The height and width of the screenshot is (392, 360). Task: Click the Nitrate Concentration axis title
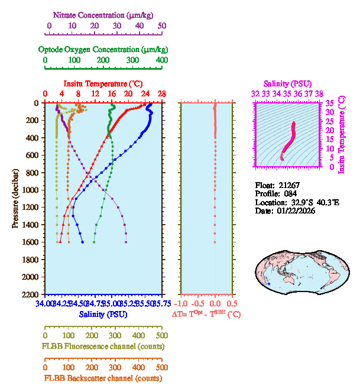click(x=105, y=14)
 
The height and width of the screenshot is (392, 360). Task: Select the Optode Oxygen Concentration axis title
click(x=103, y=49)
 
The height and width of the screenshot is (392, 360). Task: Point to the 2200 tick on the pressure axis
click(x=31, y=294)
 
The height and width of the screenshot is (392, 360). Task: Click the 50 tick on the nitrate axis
click(x=162, y=26)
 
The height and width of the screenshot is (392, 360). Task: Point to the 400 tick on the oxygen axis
click(x=161, y=60)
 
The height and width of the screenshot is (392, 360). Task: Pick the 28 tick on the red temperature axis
click(x=161, y=94)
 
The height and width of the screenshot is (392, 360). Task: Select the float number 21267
click(x=290, y=184)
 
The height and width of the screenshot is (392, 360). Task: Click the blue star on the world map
click(x=269, y=284)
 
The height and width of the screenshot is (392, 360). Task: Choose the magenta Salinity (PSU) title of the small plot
click(x=287, y=84)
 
